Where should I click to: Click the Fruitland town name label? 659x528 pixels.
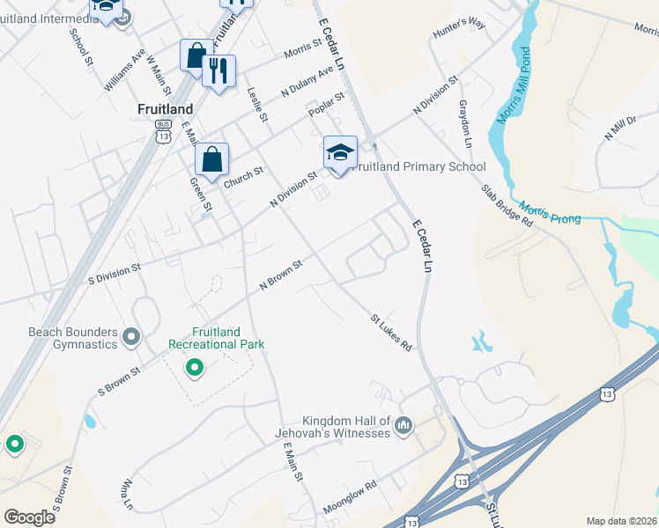(x=165, y=108)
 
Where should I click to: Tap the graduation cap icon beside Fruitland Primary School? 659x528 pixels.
(x=340, y=153)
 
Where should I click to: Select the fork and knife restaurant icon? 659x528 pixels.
(x=218, y=70)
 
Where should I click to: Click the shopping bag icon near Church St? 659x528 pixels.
(x=211, y=160)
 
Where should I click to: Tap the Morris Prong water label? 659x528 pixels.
(x=550, y=212)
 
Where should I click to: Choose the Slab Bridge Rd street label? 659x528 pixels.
(x=507, y=206)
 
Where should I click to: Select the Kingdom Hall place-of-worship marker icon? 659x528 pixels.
(x=404, y=426)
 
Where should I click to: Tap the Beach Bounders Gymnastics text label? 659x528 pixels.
(x=72, y=338)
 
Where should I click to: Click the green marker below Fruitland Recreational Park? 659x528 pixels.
(x=196, y=368)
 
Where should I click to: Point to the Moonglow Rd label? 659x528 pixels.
(x=350, y=496)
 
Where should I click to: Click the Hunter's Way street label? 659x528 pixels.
(x=459, y=29)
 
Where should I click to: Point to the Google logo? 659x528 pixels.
(x=30, y=517)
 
